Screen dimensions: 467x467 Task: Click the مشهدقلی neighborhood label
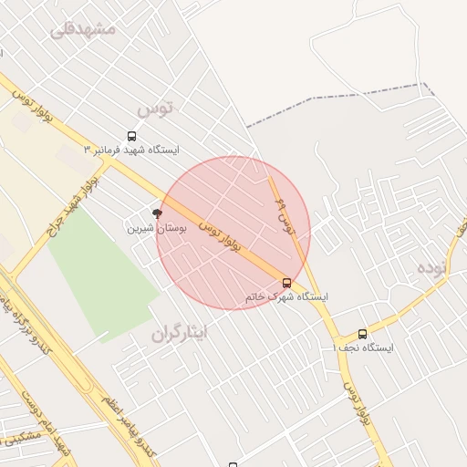[x=84, y=29]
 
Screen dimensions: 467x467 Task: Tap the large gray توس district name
[x=154, y=109]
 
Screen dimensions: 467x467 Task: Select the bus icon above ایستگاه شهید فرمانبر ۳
[x=132, y=136]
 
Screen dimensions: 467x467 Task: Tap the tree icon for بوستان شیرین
[x=157, y=213]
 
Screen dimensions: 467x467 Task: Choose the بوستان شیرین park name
[x=156, y=228]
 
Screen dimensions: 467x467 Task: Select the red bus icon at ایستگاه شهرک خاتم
[x=287, y=283]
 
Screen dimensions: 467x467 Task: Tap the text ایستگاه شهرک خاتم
[x=286, y=297]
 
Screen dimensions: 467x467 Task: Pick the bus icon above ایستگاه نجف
[x=363, y=334]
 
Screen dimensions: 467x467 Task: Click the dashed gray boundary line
[x=337, y=98]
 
